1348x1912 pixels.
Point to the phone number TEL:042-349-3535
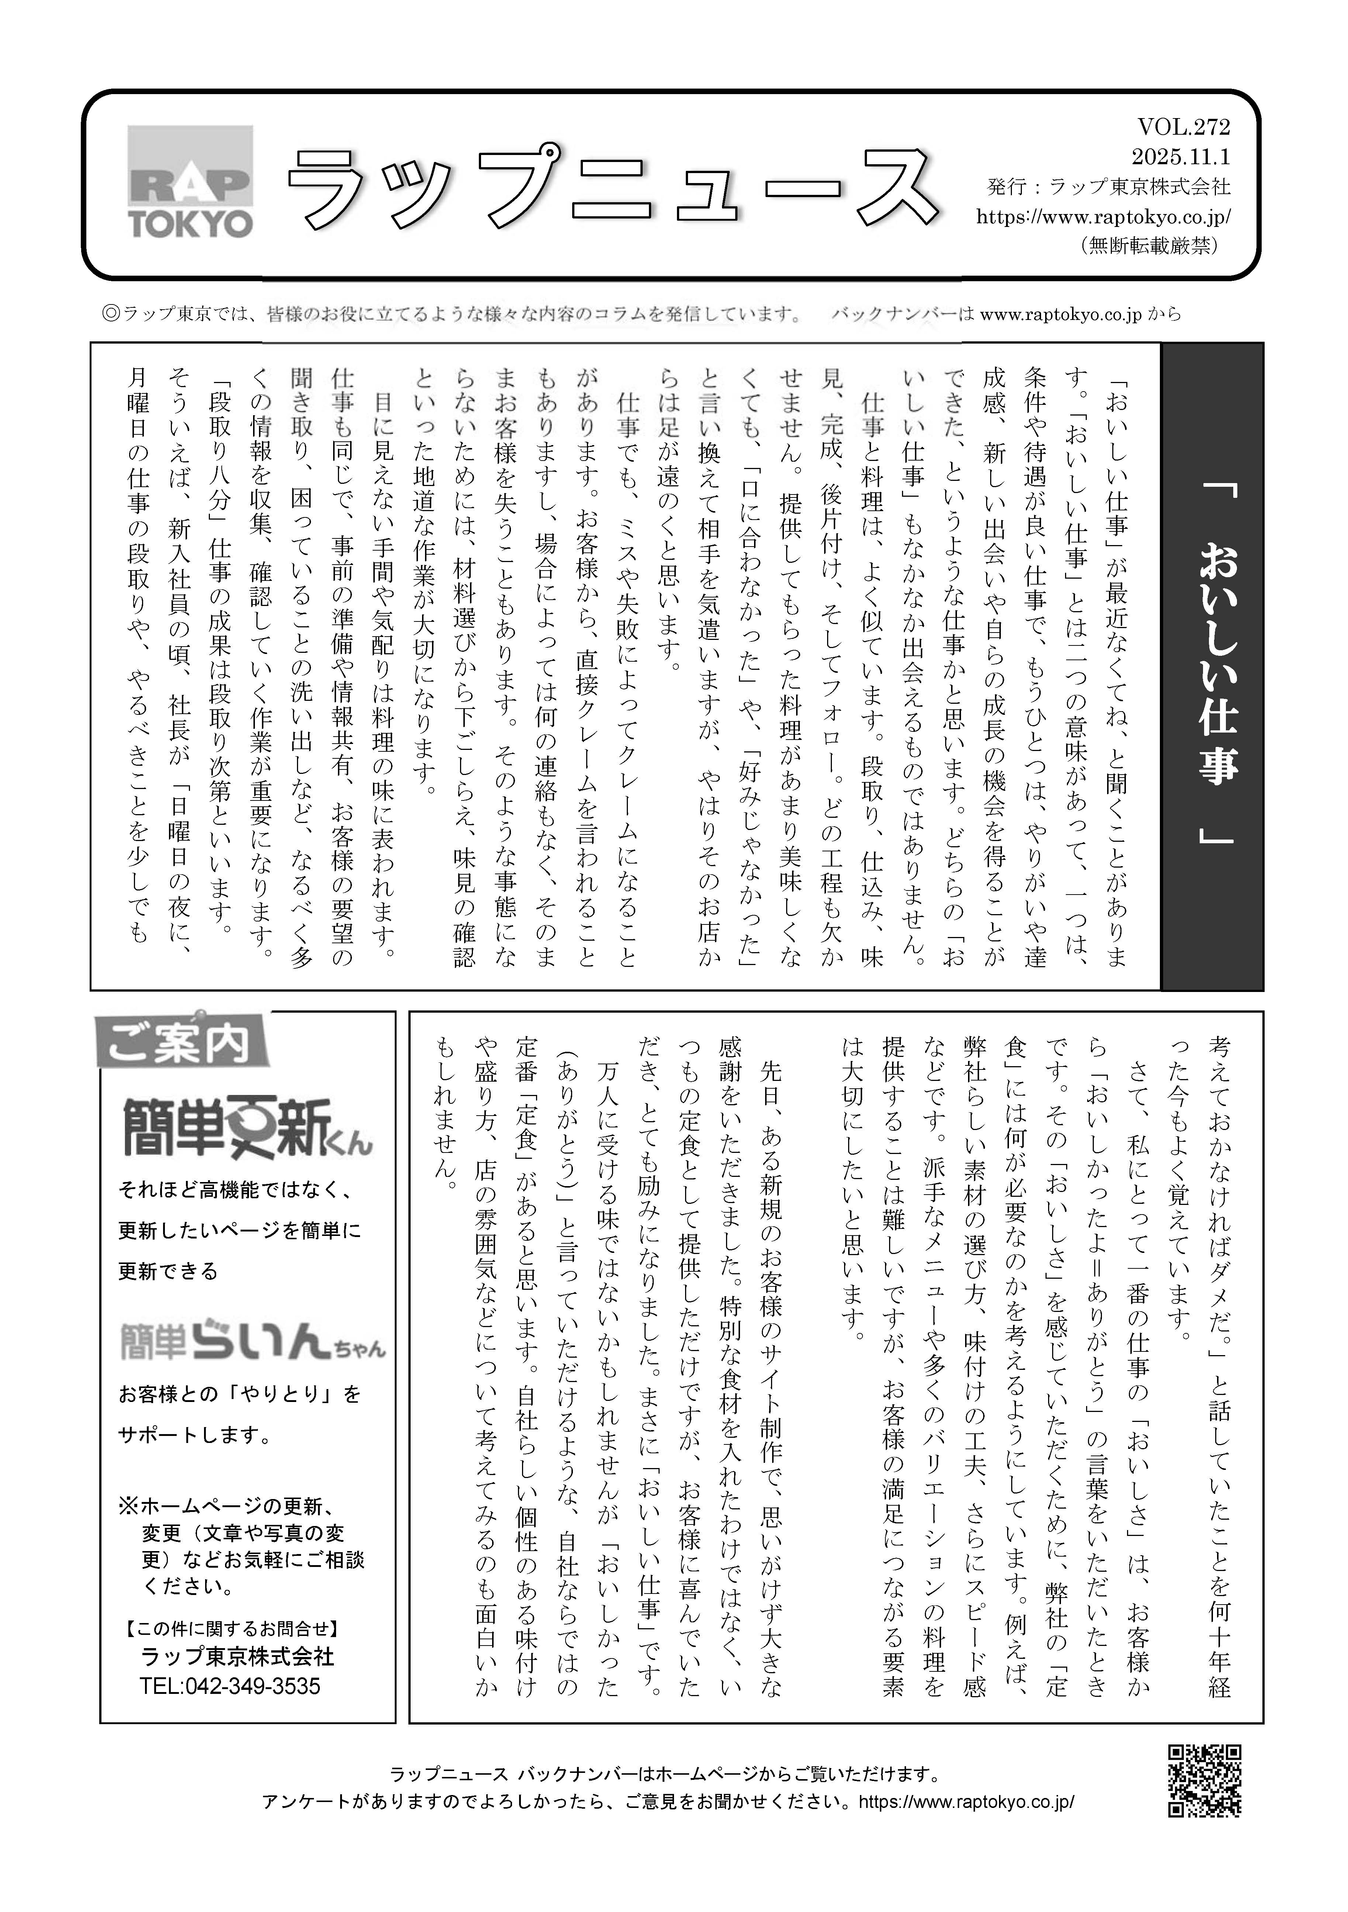pos(230,1686)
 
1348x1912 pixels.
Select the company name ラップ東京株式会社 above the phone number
pos(237,1656)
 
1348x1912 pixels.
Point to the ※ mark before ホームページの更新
pos(127,1506)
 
